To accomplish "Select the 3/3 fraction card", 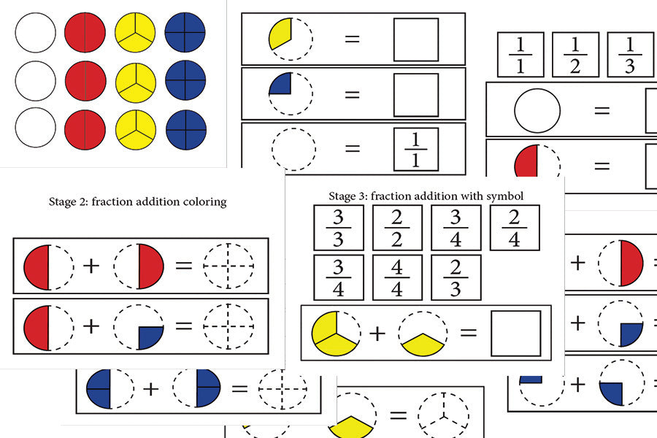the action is point(339,228).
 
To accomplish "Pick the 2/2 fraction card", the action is point(397,228).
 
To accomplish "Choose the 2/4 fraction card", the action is point(515,228).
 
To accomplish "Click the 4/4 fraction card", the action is point(397,277).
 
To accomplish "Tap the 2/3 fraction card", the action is point(456,277).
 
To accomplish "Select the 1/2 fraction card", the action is point(575,55).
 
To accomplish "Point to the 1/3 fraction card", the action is point(630,55).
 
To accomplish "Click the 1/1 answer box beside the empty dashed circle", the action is point(416,150).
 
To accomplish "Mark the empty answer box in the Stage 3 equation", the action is point(516,333).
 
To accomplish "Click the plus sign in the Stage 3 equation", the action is point(377,333).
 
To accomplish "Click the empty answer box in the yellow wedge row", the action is point(416,39).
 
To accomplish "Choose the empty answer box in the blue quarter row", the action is point(416,95).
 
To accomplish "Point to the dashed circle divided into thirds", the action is point(443,417).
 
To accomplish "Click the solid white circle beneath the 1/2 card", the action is point(537,111).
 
